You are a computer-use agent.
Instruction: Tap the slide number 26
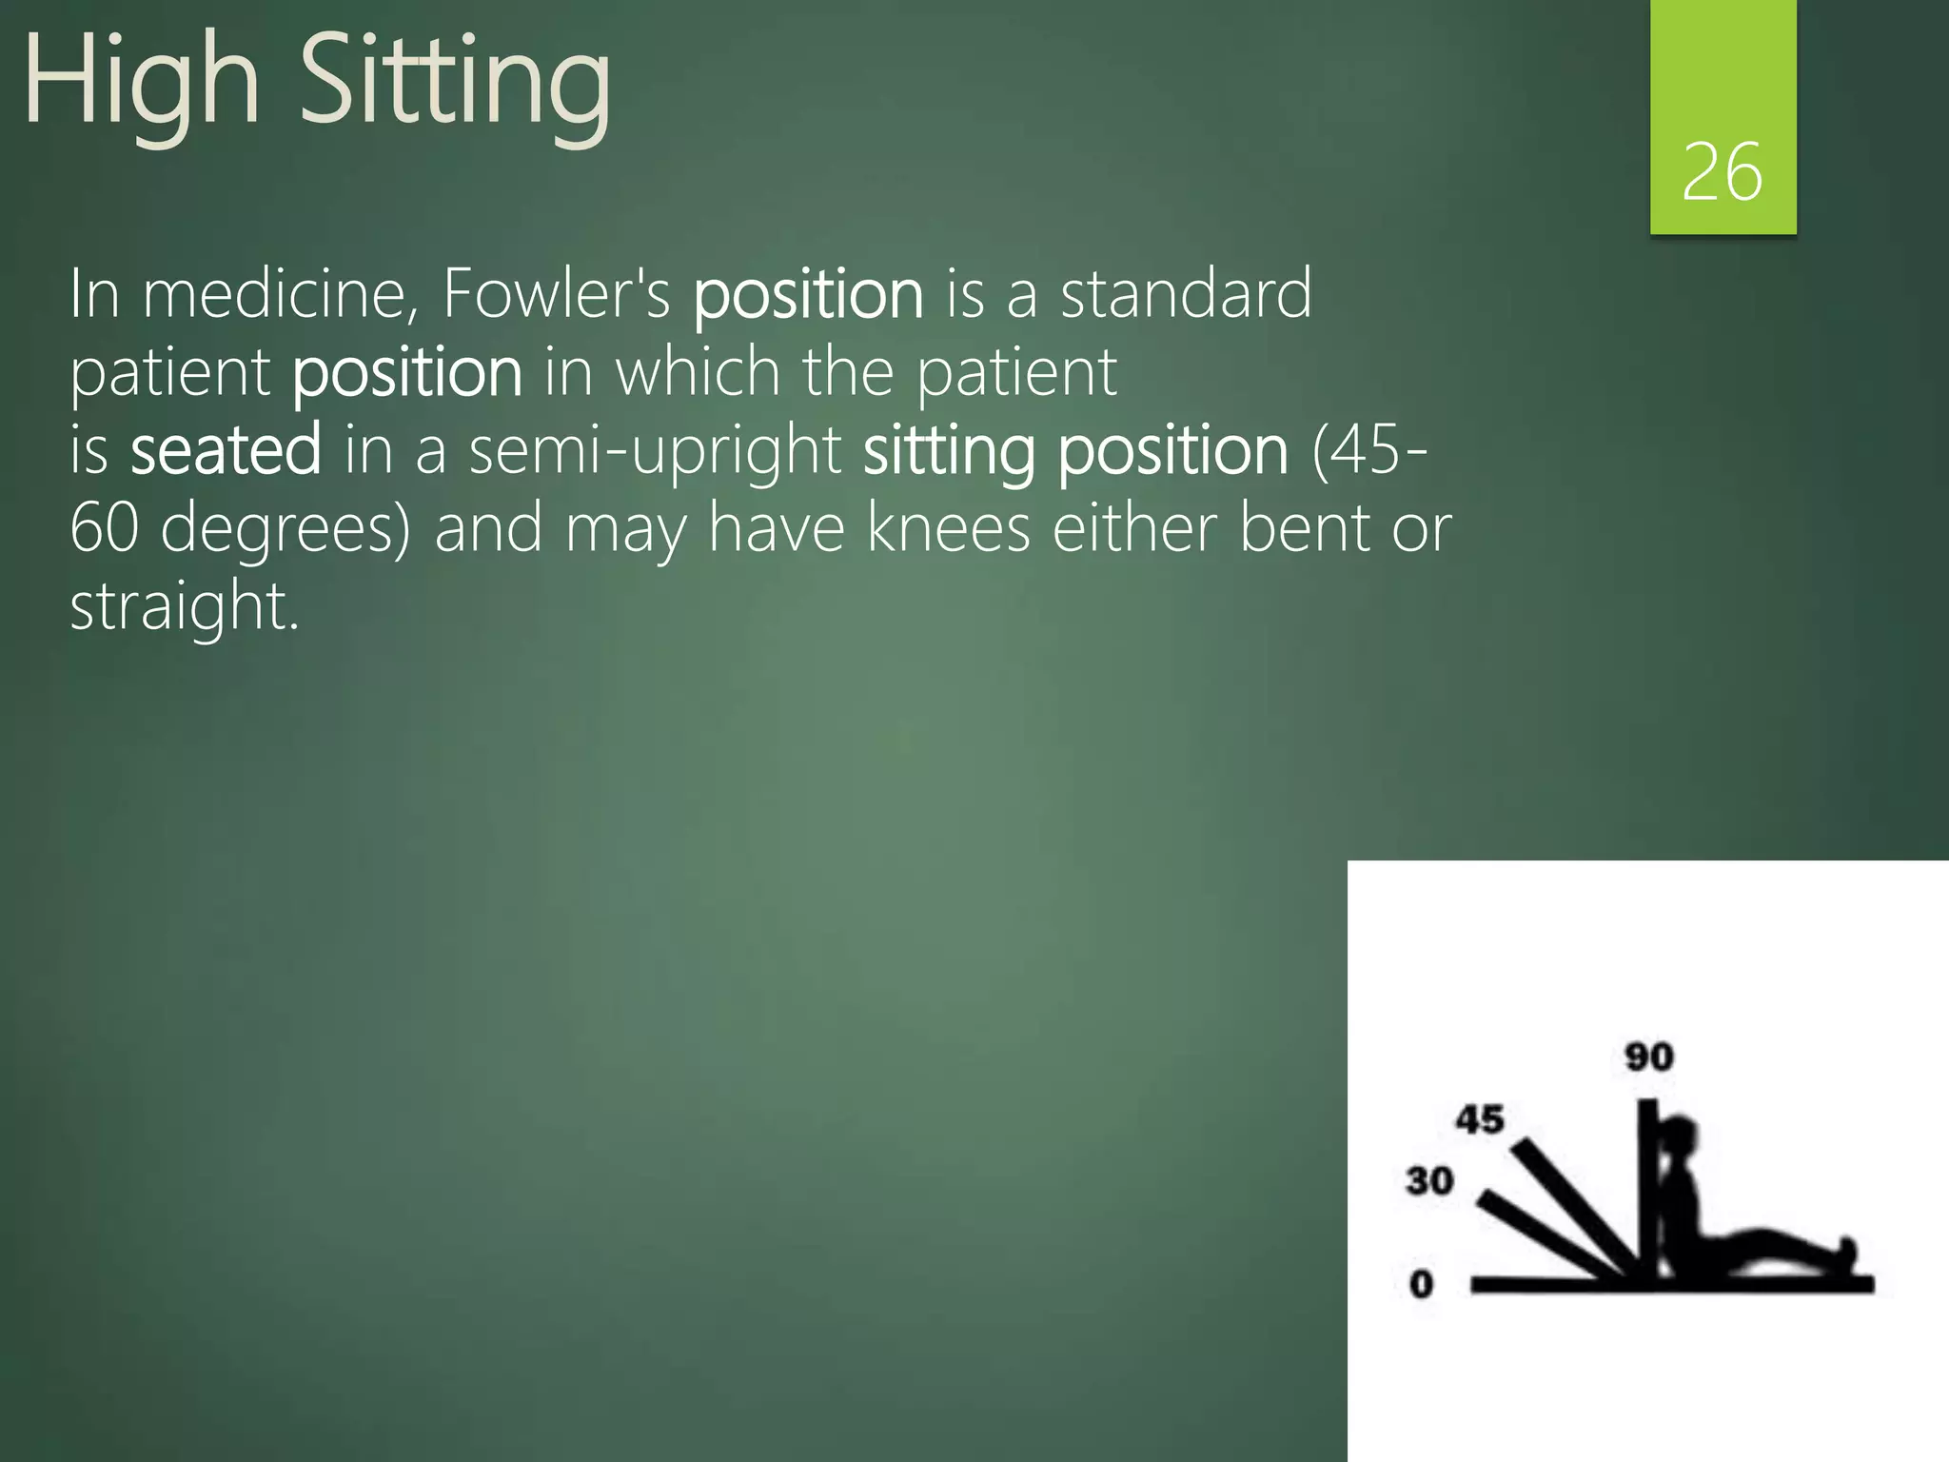[x=1722, y=172]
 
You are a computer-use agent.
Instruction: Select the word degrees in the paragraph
[x=285, y=527]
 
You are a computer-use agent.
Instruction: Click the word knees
[x=948, y=527]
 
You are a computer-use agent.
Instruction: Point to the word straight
[x=184, y=605]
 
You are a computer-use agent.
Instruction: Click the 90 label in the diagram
[x=1648, y=1057]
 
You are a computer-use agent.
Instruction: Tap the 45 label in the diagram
[x=1480, y=1119]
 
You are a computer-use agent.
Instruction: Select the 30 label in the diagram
[x=1429, y=1181]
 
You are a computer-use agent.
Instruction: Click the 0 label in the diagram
[x=1421, y=1284]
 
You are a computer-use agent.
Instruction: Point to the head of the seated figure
[x=1679, y=1137]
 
